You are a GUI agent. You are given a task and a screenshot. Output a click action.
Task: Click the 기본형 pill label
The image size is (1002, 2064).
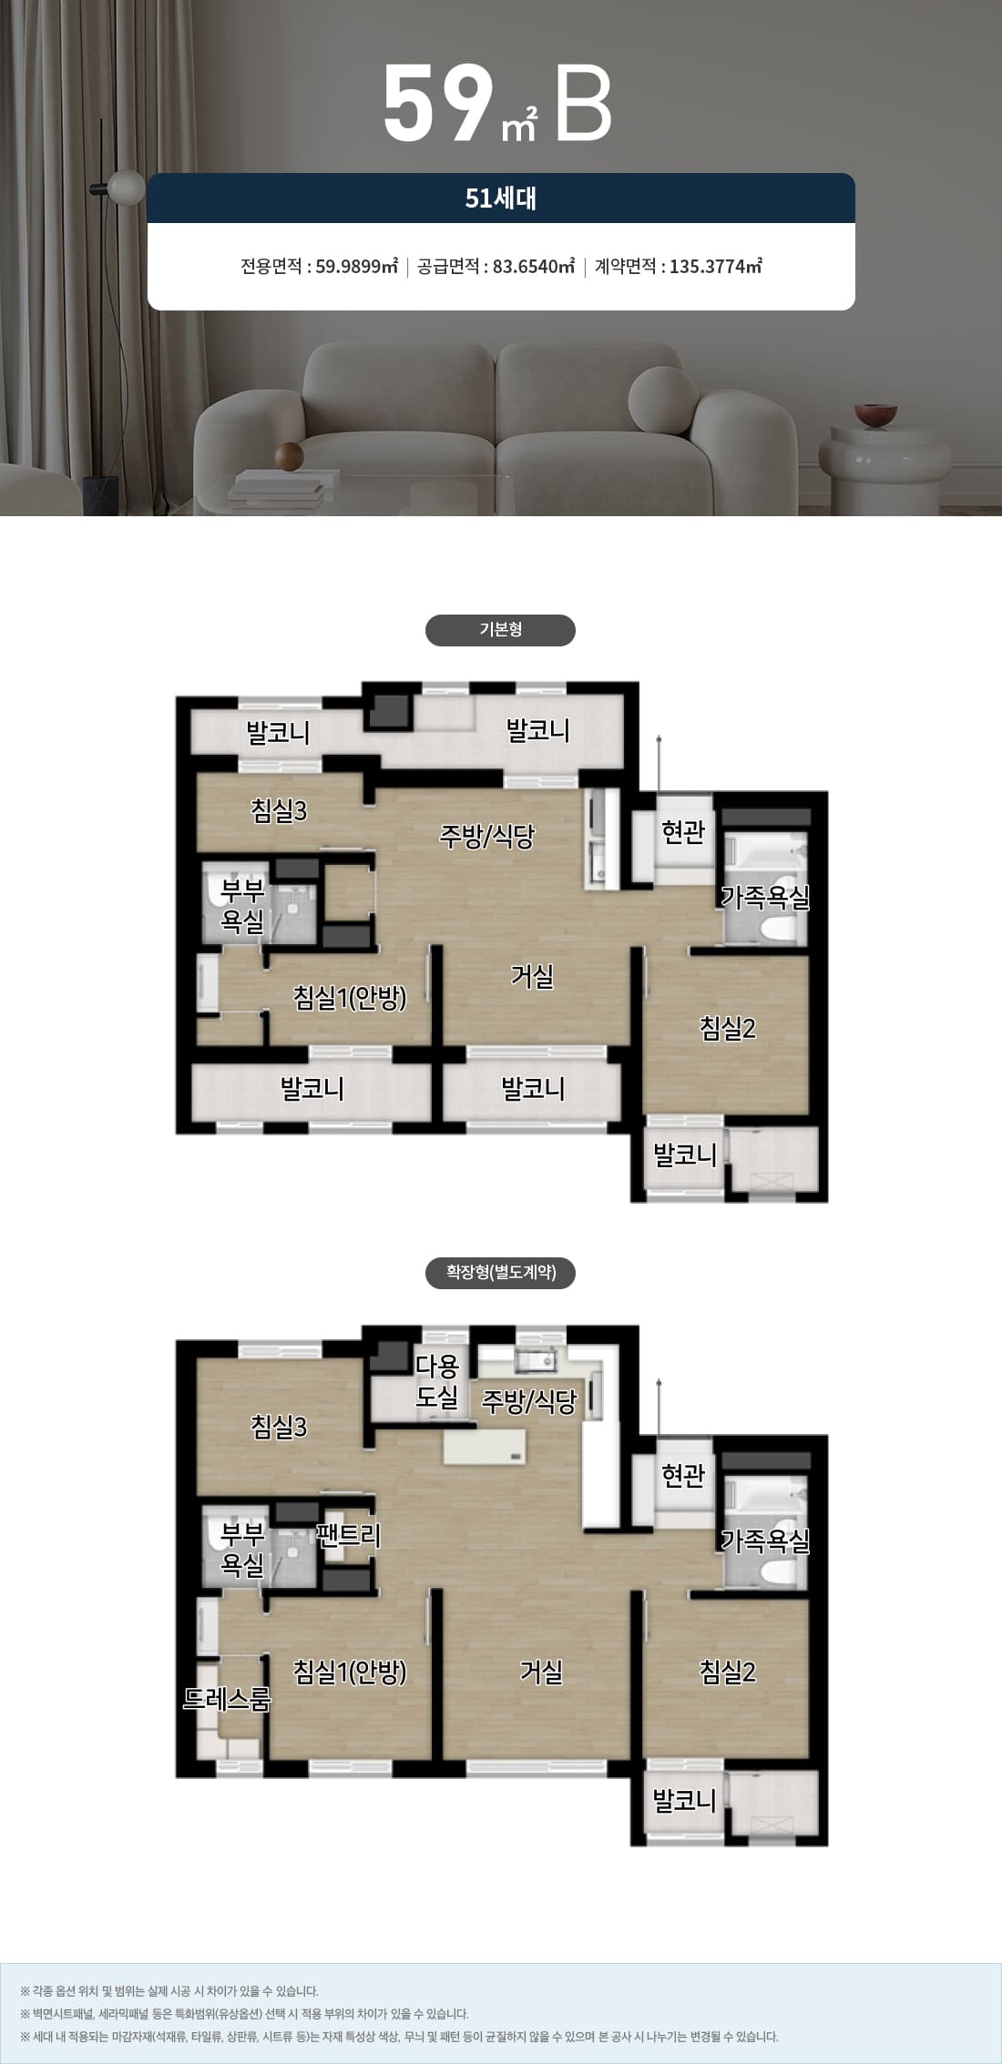500,630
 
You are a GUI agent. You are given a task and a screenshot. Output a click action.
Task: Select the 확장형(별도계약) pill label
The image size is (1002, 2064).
500,1272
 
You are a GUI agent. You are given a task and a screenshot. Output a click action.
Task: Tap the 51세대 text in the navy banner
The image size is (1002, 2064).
501,198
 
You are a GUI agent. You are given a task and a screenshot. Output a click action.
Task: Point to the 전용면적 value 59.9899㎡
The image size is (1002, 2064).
356,267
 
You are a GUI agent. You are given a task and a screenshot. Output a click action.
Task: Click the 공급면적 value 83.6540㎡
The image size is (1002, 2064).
534,267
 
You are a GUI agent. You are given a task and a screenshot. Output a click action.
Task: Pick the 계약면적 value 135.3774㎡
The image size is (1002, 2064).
716,267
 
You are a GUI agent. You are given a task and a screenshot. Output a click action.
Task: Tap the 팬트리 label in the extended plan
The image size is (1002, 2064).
348,1535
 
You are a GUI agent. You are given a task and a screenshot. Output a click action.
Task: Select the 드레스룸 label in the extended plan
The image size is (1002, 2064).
227,1698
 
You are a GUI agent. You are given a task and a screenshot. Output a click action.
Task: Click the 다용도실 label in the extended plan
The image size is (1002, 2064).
437,1381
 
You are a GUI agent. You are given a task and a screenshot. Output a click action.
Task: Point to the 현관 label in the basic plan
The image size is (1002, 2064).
683,831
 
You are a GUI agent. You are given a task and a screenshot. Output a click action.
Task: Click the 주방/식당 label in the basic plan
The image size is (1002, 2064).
486,836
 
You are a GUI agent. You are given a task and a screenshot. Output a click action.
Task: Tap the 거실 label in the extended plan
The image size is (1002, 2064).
541,1672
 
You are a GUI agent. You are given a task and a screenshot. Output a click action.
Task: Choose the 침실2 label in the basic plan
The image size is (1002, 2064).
728,1028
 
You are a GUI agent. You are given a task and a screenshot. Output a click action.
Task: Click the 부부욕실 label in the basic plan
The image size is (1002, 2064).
242,906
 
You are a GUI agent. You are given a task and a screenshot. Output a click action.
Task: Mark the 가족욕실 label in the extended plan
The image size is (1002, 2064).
765,1540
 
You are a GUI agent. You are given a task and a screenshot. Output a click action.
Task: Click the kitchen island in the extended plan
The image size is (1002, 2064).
486,1446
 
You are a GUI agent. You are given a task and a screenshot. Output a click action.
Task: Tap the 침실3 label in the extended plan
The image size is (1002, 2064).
279,1426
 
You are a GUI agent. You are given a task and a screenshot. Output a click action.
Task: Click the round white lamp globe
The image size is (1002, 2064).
127,187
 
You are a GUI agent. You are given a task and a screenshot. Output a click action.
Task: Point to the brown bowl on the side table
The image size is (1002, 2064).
876,415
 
